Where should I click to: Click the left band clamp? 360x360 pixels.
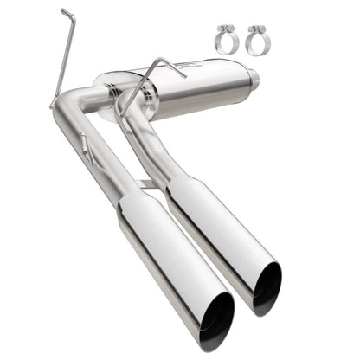[x=226, y=42]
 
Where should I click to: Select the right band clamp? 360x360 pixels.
[x=255, y=42]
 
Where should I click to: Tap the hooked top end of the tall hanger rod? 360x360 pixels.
[x=66, y=12]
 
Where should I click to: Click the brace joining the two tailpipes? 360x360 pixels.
[x=149, y=183]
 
